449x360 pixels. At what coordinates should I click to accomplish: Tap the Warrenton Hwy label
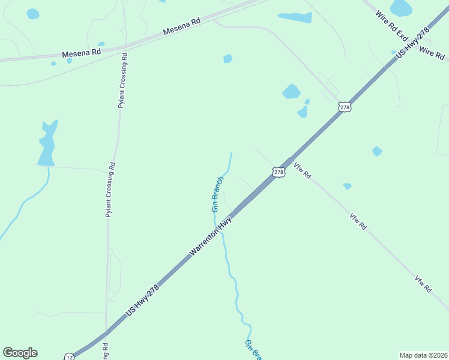tap(211, 238)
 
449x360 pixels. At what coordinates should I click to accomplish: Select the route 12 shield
tap(70, 356)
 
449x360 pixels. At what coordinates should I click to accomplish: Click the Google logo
tap(20, 353)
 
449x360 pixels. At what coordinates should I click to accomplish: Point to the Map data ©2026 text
tap(423, 355)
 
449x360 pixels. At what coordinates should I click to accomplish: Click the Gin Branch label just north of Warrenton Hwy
tap(217, 194)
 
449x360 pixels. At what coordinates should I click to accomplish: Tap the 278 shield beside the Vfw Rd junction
tap(279, 172)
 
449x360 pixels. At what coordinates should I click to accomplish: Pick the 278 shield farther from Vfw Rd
tap(344, 107)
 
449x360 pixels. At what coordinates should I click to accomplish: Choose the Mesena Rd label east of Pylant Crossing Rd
tap(182, 26)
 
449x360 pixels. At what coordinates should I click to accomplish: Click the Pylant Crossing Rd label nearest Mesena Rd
tap(122, 80)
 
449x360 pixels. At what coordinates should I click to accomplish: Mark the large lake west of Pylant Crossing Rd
tap(47, 144)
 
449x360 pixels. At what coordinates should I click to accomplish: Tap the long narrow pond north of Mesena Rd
tap(295, 17)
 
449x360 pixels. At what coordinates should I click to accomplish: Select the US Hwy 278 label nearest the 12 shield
tap(144, 299)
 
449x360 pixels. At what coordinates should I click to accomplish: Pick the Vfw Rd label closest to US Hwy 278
tap(302, 172)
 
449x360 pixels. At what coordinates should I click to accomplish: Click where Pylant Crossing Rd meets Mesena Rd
tap(124, 46)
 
